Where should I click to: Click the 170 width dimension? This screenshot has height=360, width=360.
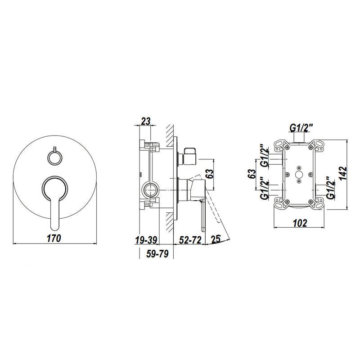54,238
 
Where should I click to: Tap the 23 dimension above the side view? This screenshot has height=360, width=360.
145,121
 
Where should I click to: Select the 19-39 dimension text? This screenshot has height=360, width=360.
146,240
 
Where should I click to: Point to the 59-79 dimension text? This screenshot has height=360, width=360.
157,253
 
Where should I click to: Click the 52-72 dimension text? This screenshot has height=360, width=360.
190,240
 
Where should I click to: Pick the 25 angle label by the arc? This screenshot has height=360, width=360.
216,239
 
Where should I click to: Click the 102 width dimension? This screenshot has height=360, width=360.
300,223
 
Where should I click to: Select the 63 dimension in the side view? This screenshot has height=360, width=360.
209,174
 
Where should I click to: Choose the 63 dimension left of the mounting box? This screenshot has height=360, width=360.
252,174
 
